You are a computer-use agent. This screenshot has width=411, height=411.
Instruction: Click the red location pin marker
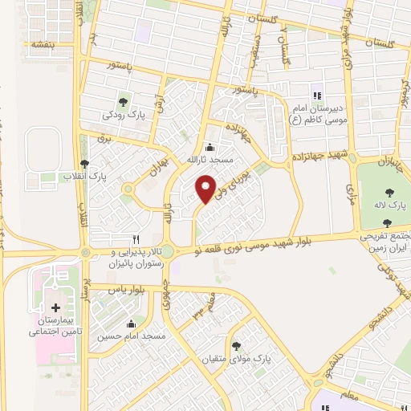click(x=206, y=189)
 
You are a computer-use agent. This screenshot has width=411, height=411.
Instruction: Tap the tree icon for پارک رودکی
click(x=123, y=101)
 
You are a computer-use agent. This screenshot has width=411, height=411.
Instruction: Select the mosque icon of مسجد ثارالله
click(x=210, y=146)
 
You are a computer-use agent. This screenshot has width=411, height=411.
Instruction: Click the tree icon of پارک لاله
click(x=389, y=192)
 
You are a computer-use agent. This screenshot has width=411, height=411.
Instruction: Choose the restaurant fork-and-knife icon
click(x=136, y=239)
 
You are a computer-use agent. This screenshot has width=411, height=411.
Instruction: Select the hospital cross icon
click(x=55, y=307)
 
